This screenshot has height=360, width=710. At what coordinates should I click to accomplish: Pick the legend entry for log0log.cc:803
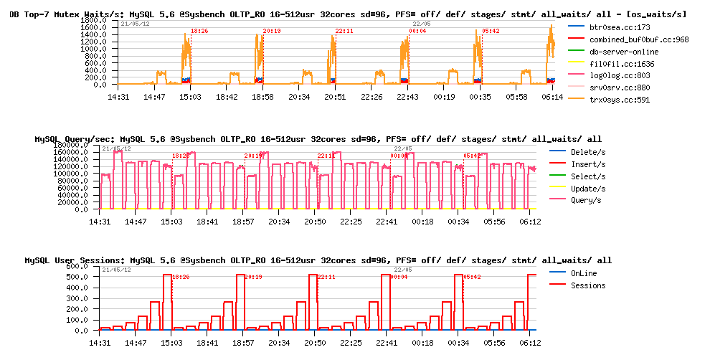coord(620,75)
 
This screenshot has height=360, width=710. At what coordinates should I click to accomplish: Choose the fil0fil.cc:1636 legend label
coord(620,64)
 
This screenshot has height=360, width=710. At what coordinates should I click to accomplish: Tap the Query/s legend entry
coord(587,200)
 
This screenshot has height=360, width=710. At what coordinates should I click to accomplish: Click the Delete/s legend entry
coord(588,152)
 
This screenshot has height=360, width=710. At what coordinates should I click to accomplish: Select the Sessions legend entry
coord(588,285)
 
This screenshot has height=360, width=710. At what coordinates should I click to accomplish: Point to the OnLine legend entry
coord(583,273)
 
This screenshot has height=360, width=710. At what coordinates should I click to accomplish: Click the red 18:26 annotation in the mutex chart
coord(199,31)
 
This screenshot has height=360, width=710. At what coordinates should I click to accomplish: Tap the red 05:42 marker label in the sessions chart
coord(471,277)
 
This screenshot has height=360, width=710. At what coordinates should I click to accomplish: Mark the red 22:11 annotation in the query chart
coord(326,156)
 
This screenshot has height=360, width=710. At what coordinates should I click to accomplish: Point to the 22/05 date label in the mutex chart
coord(422,24)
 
